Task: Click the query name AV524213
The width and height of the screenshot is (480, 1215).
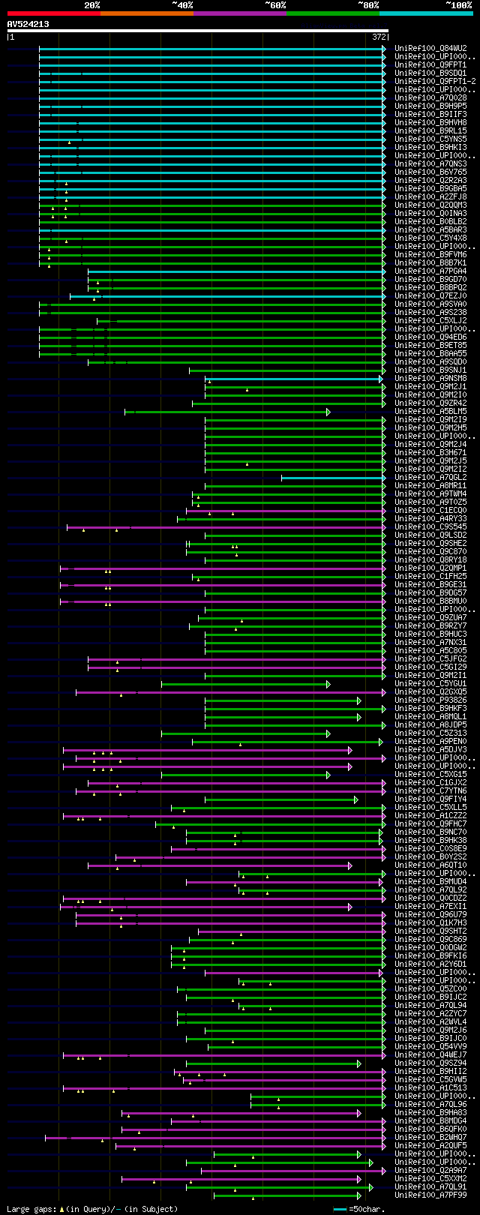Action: [28, 24]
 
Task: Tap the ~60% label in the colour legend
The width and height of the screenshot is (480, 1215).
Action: [275, 4]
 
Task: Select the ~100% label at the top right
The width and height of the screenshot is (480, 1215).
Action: [458, 4]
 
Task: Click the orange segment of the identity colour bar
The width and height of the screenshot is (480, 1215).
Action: [146, 13]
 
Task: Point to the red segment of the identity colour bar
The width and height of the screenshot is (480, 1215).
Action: [53, 13]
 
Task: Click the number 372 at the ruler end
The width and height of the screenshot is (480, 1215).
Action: [379, 37]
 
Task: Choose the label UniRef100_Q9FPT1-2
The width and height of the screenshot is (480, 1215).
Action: [435, 82]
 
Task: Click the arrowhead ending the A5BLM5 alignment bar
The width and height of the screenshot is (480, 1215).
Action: [328, 412]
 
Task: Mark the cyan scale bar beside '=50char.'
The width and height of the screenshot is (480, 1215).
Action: [340, 1209]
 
